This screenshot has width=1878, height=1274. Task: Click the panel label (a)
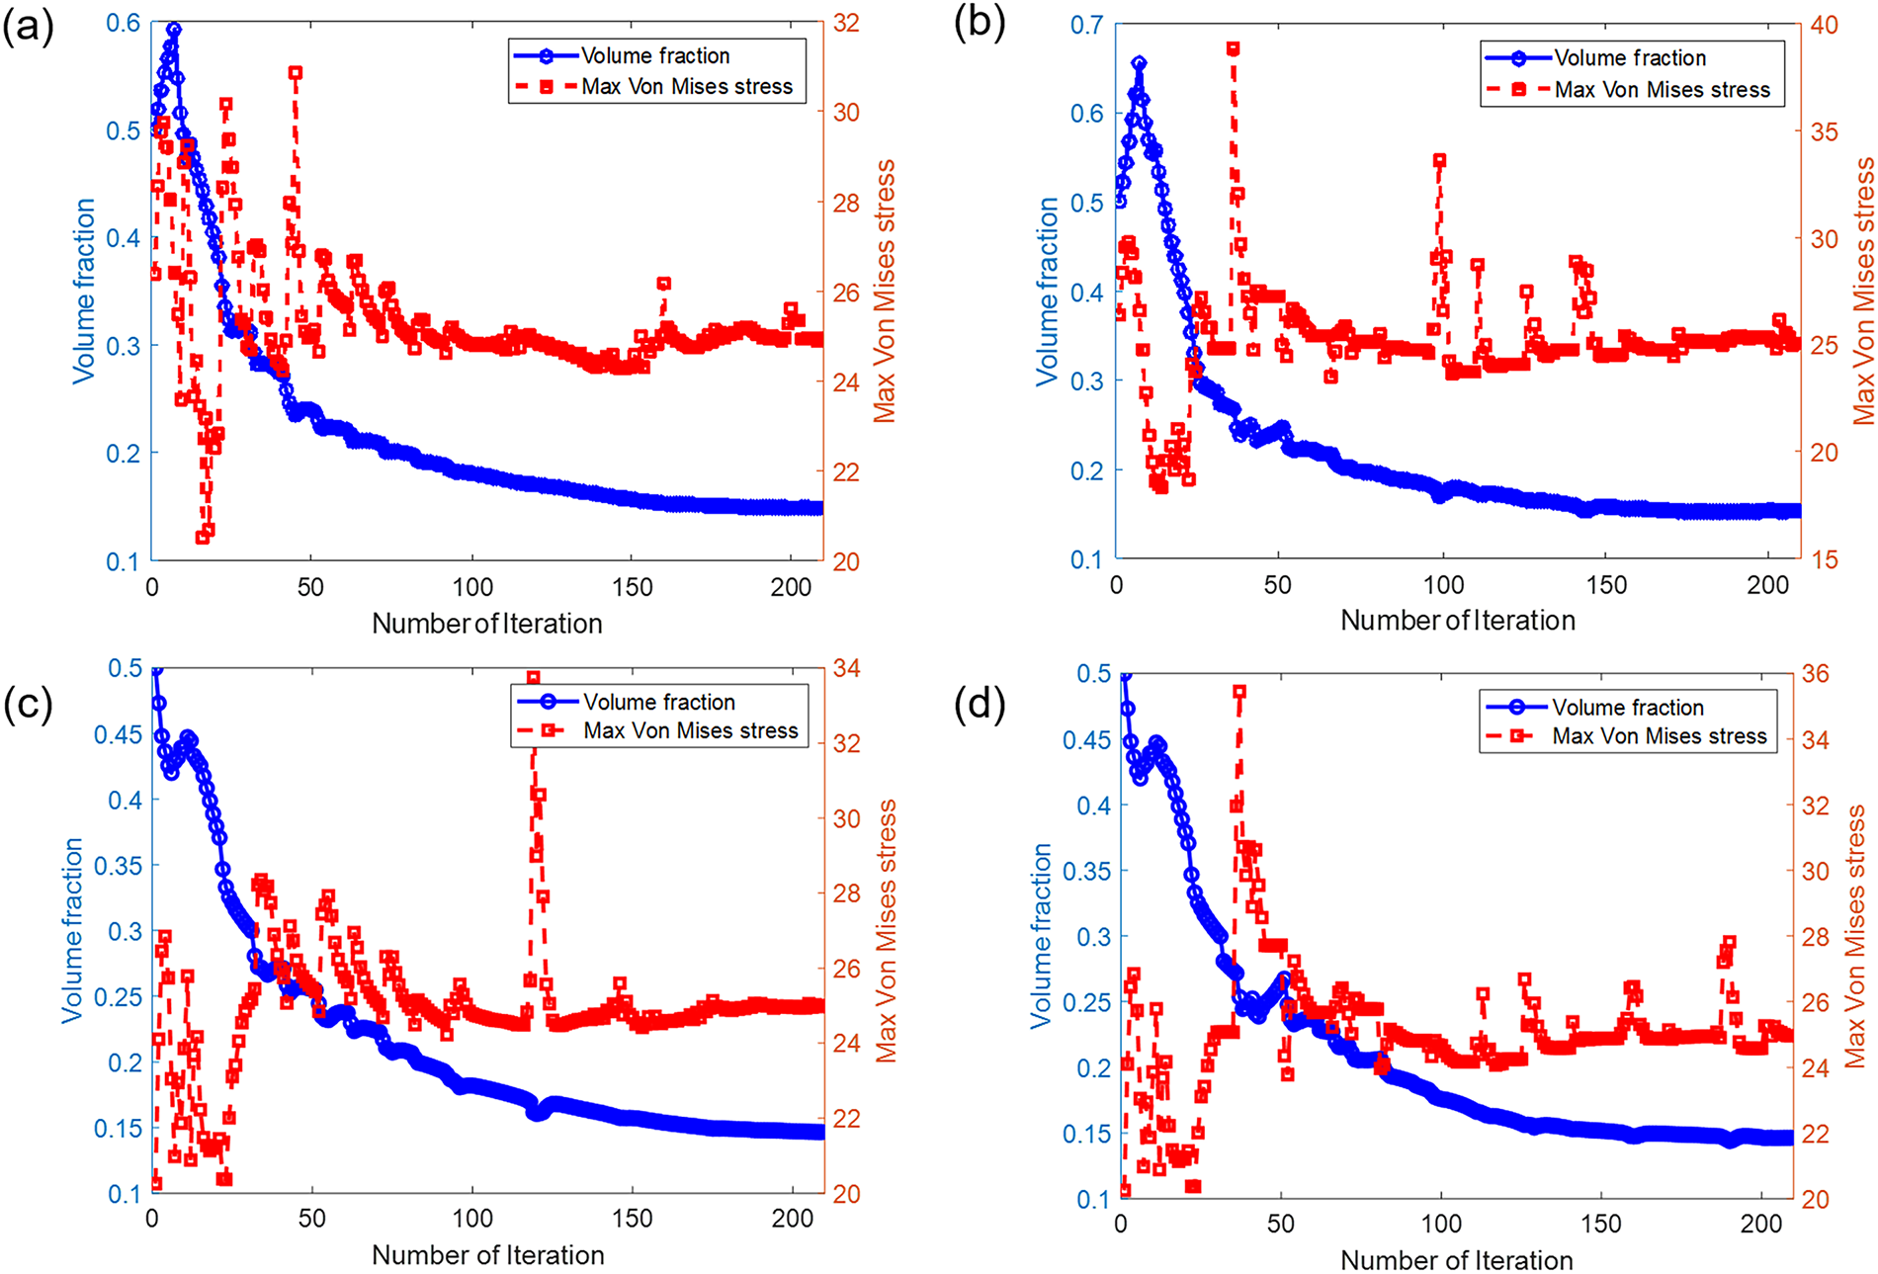pyautogui.click(x=28, y=27)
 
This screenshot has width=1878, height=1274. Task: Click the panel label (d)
pyautogui.click(x=979, y=704)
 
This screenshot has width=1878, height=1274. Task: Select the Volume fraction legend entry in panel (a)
pyautogui.click(x=654, y=56)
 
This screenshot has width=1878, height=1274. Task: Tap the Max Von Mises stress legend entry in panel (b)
pyautogui.click(x=1662, y=90)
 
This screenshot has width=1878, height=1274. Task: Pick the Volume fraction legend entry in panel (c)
pyautogui.click(x=658, y=702)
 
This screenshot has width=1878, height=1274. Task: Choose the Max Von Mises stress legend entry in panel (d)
pyautogui.click(x=1659, y=736)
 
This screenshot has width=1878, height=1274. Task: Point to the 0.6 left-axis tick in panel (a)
pyautogui.click(x=123, y=23)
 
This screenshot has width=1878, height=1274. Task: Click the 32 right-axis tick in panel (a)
pyautogui.click(x=846, y=23)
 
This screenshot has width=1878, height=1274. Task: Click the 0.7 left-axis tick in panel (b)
pyautogui.click(x=1087, y=25)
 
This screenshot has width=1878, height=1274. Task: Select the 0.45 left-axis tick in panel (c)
pyautogui.click(x=118, y=735)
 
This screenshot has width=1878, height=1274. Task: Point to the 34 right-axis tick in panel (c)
pyautogui.click(x=846, y=669)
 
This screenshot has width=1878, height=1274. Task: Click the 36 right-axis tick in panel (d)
pyautogui.click(x=1815, y=674)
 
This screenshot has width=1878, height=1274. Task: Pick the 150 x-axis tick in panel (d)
pyautogui.click(x=1601, y=1224)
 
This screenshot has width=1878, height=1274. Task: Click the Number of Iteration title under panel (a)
pyautogui.click(x=486, y=624)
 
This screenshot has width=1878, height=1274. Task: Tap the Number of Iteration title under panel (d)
pyautogui.click(x=1456, y=1261)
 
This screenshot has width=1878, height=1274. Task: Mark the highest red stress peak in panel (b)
pyautogui.click(x=1233, y=48)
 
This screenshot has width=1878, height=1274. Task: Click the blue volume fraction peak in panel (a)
pyautogui.click(x=174, y=30)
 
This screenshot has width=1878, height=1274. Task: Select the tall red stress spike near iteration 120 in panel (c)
pyautogui.click(x=534, y=678)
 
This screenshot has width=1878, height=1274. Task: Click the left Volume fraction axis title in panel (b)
pyautogui.click(x=1046, y=292)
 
